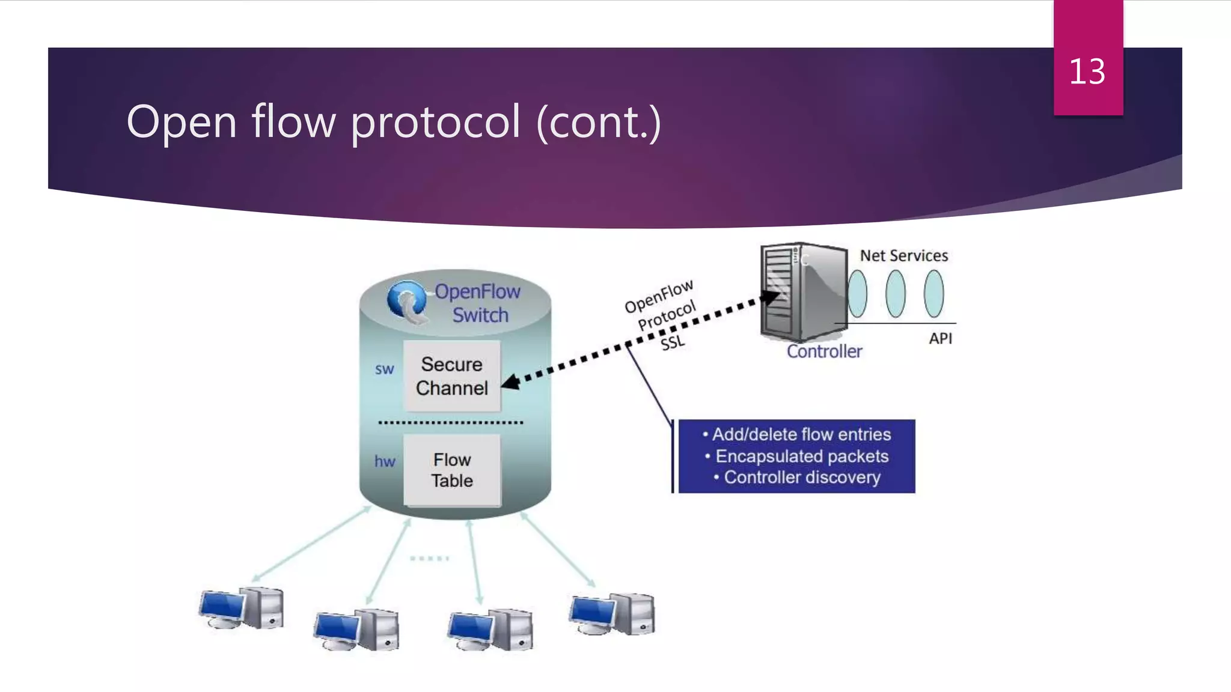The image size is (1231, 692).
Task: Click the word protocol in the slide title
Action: tap(435, 123)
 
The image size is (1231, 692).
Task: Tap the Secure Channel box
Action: tap(452, 377)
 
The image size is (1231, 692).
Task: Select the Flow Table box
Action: tap(452, 470)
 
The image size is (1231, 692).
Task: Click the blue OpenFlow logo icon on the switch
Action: tap(406, 300)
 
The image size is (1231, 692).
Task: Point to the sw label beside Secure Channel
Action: tap(384, 369)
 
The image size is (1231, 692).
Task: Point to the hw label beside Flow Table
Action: tap(385, 461)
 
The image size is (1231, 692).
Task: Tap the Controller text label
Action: tap(824, 351)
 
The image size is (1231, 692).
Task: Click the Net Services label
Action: tap(903, 256)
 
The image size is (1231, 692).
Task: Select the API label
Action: tap(940, 339)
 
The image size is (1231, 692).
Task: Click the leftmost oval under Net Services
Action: tap(857, 294)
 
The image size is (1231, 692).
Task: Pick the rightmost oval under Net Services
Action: tap(933, 294)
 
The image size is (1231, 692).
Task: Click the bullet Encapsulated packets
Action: tap(801, 457)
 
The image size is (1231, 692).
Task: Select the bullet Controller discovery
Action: tap(801, 478)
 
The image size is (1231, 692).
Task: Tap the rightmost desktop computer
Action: tap(612, 614)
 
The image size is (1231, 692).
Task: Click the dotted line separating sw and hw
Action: tap(451, 423)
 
